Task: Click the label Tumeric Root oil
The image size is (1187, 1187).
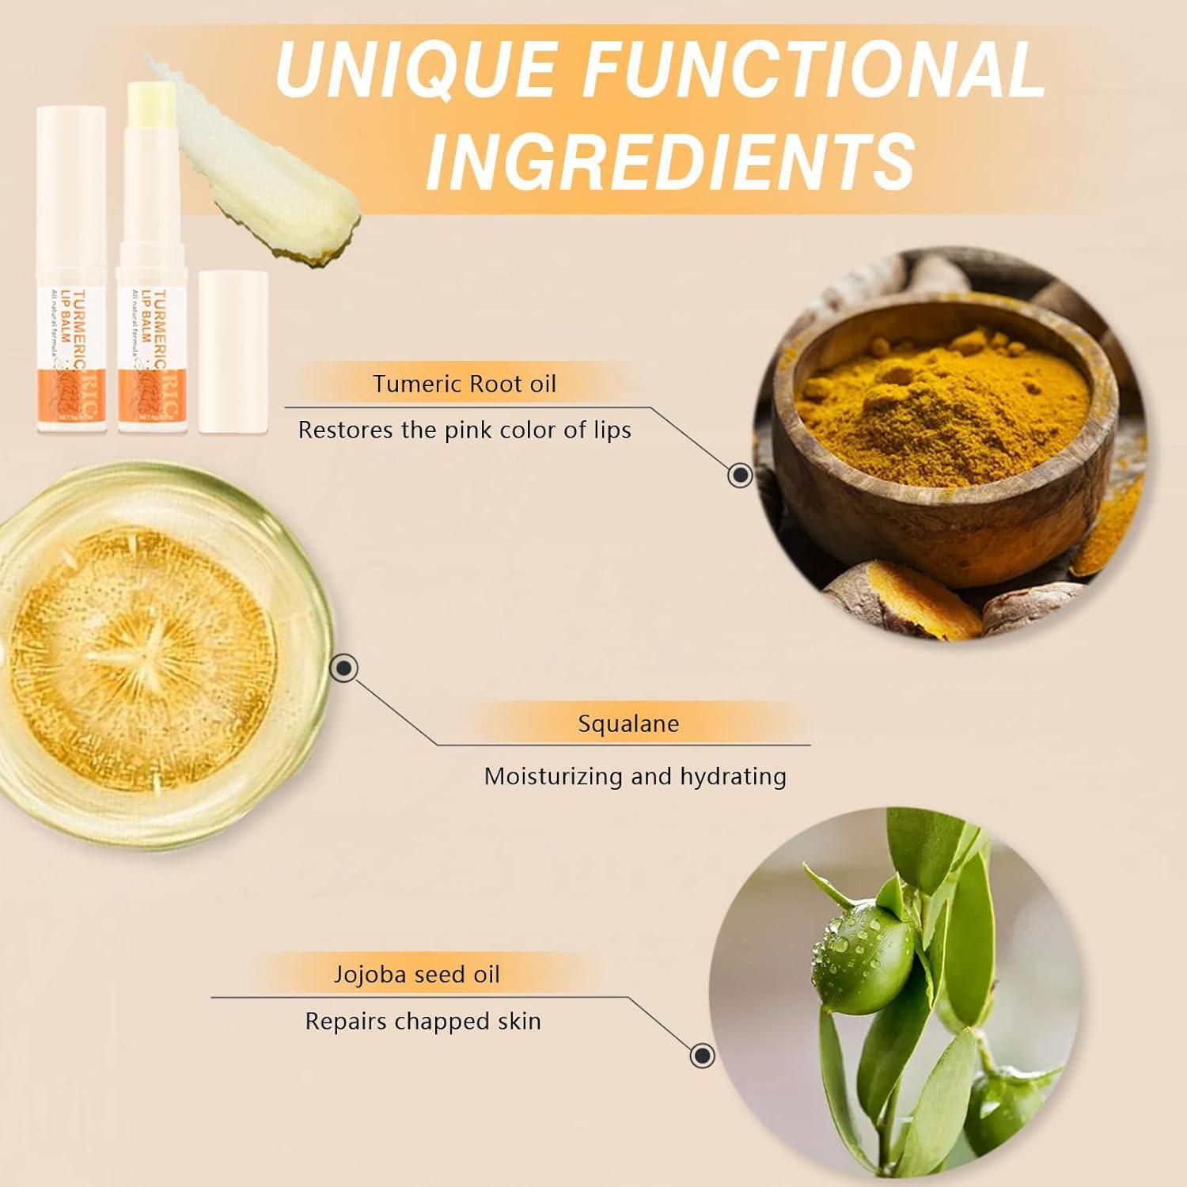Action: [465, 384]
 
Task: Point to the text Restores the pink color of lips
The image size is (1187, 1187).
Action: [465, 430]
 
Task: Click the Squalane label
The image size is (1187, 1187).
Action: [628, 723]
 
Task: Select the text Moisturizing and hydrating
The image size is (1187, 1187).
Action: [635, 776]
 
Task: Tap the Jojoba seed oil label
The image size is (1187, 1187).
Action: [416, 973]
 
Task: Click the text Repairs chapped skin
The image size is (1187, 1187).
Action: [423, 1022]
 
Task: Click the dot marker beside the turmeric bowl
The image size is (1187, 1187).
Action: [740, 475]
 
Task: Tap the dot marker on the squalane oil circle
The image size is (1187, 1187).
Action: [343, 669]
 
